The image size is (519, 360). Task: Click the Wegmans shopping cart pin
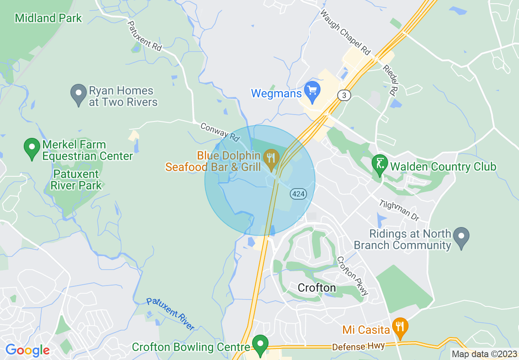[312, 91]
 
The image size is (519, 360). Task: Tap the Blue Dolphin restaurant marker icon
[271, 158]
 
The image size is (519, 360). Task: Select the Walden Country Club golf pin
[379, 164]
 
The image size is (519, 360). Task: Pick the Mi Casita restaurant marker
[400, 326]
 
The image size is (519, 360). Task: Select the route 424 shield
[298, 194]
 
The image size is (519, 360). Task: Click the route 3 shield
[344, 95]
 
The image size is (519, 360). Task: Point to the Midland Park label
[48, 18]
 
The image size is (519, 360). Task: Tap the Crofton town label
[317, 288]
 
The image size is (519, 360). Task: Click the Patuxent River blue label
[170, 313]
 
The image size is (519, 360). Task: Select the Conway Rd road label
[219, 132]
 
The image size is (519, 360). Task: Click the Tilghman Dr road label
[399, 210]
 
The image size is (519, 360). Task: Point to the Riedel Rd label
[391, 79]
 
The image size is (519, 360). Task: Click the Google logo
[27, 351]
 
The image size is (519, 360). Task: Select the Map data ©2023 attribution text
[484, 354]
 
